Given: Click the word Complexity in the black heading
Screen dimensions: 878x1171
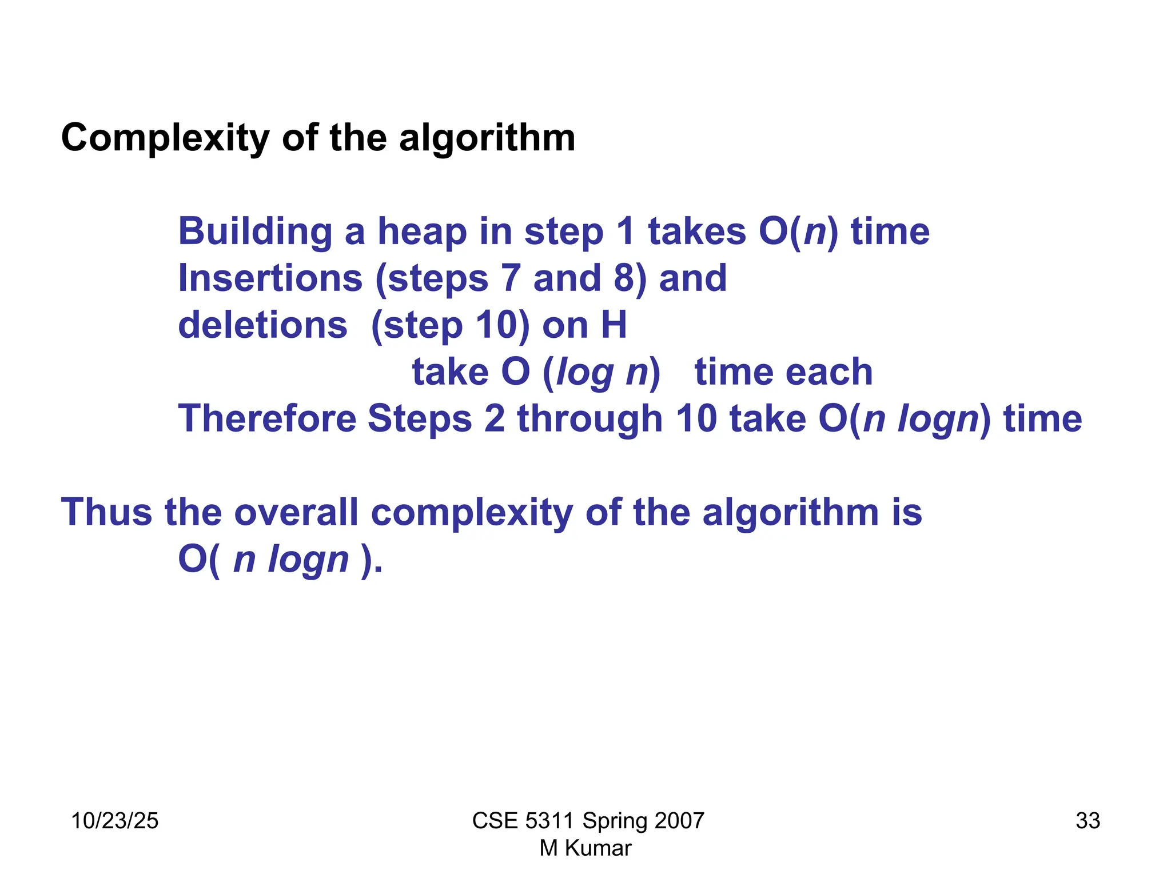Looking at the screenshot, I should point(165,138).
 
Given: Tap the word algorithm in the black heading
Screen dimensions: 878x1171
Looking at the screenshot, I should point(487,138).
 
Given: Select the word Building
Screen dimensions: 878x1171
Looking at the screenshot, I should point(255,232).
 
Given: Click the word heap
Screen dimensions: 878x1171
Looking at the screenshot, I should point(422,232).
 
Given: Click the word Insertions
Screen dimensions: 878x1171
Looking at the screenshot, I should point(270,278).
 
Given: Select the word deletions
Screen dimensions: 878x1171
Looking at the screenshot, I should point(262,325).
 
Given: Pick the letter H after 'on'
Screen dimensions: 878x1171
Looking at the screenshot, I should point(614,325).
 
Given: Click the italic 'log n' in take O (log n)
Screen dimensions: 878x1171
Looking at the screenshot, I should point(602,372).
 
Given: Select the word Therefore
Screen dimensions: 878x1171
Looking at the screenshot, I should point(267,419).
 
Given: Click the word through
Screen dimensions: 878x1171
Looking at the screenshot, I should point(590,419).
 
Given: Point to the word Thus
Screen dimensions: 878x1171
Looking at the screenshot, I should point(106,512).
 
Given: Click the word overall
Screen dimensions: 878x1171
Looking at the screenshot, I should point(296,512).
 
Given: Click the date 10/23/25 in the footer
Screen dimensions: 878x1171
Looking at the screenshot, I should point(114,821).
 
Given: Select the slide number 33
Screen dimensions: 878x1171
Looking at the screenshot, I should point(1088,821).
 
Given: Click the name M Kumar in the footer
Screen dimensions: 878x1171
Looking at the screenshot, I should point(585,848).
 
